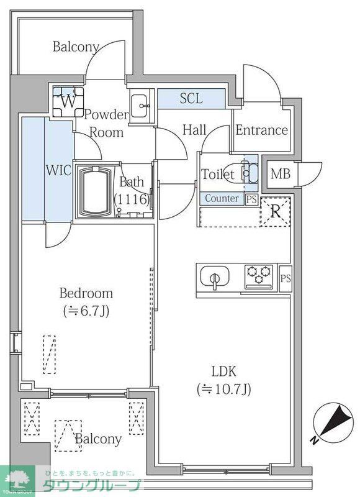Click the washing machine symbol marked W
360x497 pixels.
tap(68, 101)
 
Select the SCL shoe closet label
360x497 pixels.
tap(191, 98)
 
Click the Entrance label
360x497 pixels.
tap(261, 130)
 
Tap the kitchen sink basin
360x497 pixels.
tap(215, 277)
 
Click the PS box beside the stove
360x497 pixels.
tap(285, 278)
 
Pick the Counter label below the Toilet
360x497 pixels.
tap(222, 199)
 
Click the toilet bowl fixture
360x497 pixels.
tap(247, 174)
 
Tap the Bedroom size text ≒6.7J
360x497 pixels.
tap(86, 311)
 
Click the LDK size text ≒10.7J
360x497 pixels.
tap(224, 390)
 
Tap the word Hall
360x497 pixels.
tap(194, 130)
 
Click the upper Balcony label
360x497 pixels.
tap(76, 47)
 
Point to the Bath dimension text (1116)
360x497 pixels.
tap(132, 199)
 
